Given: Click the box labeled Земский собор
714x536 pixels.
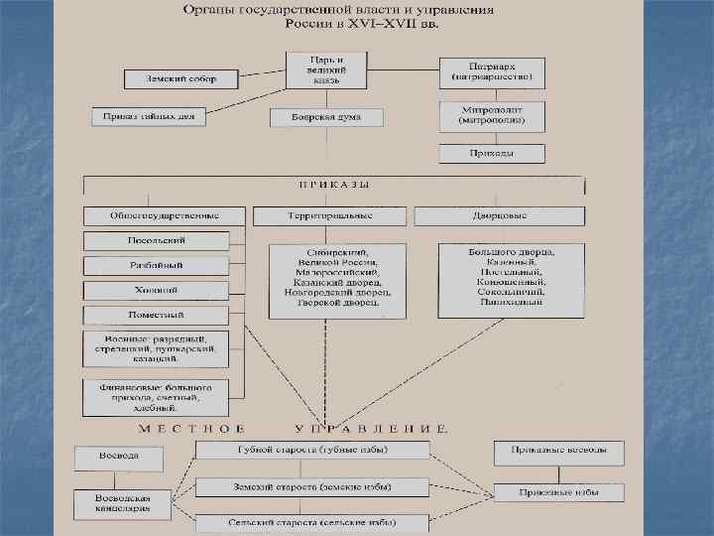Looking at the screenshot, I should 181,78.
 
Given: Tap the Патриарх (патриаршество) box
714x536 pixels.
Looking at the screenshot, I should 492,69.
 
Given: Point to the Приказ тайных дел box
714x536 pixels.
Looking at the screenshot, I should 149,116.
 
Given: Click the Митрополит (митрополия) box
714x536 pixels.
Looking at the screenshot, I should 492,114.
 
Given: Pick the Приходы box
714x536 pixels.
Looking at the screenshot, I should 492,154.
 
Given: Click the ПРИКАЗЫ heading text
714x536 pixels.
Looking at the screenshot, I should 333,186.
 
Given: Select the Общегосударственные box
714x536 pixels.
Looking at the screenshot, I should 165,215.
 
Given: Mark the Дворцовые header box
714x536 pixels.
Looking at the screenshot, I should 500,215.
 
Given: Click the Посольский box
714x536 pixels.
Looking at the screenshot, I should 157,240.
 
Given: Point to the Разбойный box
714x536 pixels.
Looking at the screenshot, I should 157,266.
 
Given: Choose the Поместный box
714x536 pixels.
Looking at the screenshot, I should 157,316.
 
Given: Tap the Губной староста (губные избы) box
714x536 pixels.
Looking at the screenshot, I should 312,450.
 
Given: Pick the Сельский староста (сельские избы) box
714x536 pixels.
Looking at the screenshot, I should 312,522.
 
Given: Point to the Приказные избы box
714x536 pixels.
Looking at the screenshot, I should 559,491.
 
